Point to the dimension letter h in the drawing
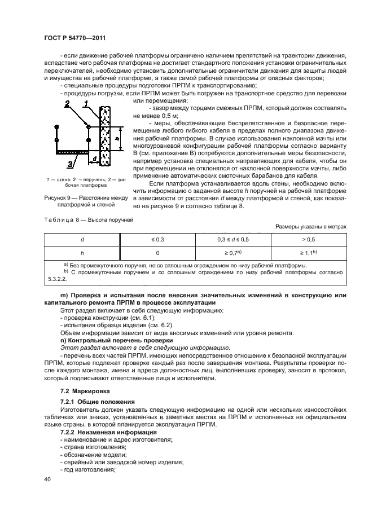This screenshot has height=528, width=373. coord(117,137)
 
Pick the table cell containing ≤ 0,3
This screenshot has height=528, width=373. coord(157,240)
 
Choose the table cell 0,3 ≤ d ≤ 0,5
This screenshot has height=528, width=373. coord(232,240)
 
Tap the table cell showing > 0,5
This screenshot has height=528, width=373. coord(308,240)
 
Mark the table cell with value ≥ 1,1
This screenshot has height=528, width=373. coord(308,253)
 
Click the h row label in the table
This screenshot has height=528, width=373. coord(82,253)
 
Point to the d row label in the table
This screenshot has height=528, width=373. coord(82,240)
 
